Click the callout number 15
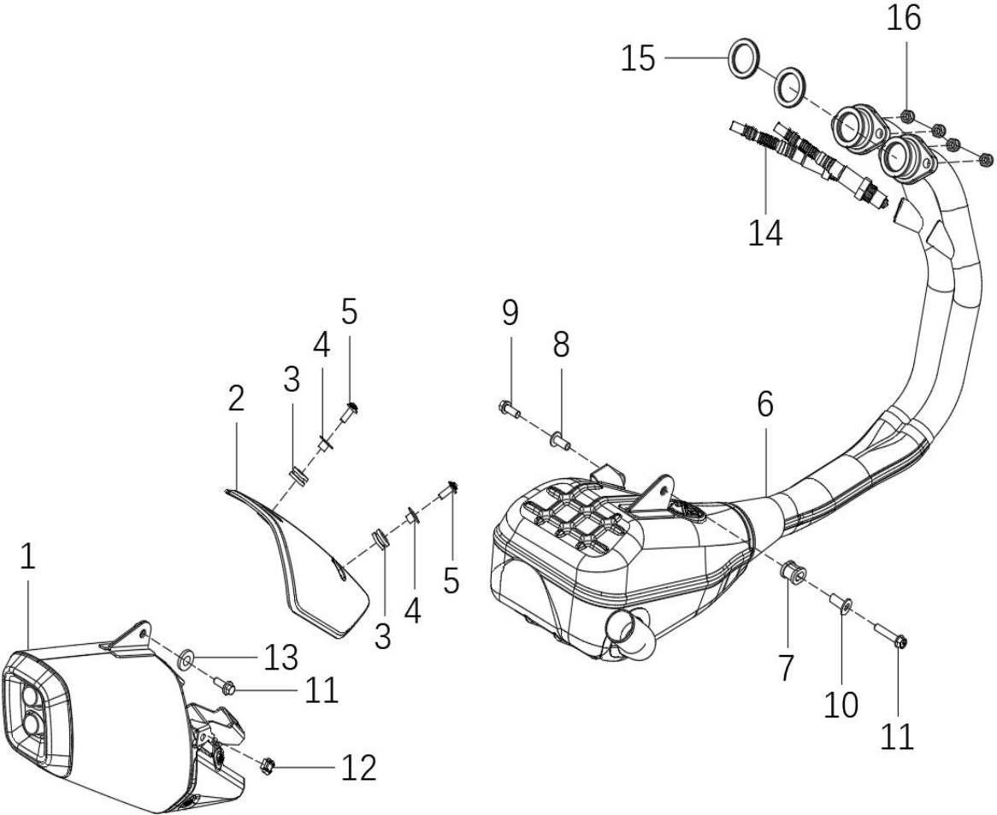point(638,59)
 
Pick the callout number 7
point(787,668)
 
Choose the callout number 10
point(841,704)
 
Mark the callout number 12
point(359,769)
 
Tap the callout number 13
point(281,658)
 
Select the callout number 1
point(27,556)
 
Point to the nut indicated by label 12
point(268,766)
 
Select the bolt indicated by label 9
point(510,410)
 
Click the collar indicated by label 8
point(559,439)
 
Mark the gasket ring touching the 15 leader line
point(743,58)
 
